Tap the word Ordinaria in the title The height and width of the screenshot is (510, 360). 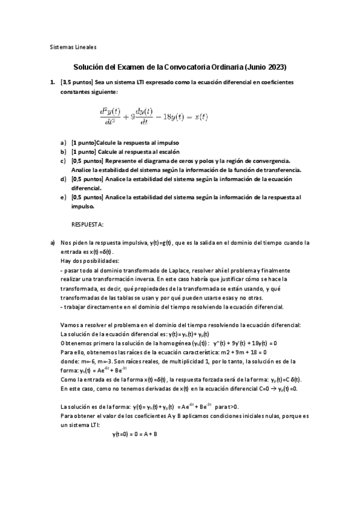[221, 67]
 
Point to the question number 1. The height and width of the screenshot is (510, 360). [52, 81]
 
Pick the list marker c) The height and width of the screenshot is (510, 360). [63, 161]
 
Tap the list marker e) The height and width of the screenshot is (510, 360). [63, 197]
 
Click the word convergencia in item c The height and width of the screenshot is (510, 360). [272, 161]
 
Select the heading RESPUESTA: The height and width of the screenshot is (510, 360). [88, 224]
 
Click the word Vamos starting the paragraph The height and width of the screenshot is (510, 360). [70, 325]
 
